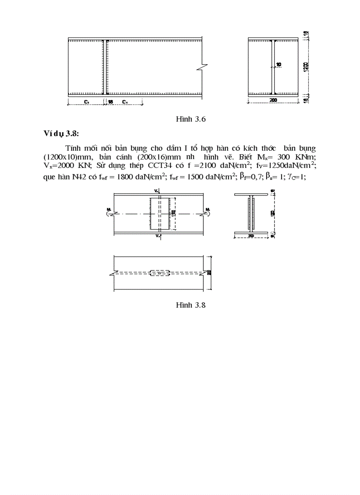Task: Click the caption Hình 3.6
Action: click(191, 119)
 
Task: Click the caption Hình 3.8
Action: click(191, 305)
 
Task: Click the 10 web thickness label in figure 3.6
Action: click(278, 65)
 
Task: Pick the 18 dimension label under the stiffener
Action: click(111, 102)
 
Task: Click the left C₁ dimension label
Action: click(87, 102)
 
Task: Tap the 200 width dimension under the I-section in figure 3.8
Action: click(250, 236)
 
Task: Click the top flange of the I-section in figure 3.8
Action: click(251, 194)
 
